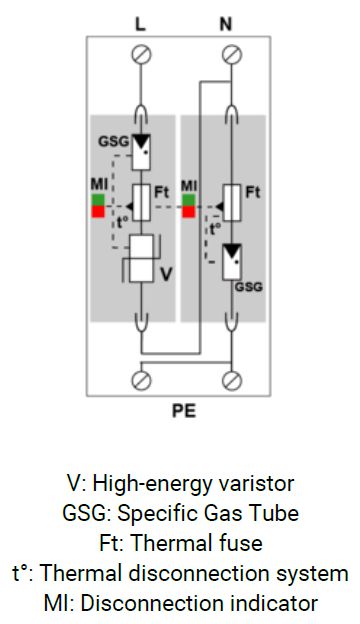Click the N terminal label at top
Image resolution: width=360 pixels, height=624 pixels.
232,21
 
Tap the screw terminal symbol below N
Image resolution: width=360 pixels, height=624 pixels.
232,53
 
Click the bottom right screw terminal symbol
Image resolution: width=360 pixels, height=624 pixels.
232,380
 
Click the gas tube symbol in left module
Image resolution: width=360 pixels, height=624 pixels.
141,149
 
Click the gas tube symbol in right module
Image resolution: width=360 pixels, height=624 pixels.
232,260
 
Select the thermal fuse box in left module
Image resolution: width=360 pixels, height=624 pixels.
141,202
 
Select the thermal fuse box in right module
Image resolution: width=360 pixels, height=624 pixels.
232,202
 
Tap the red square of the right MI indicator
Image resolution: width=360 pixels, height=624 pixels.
187,211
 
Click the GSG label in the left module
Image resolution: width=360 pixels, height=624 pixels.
112,141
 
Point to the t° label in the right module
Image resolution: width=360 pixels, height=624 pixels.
213,230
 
